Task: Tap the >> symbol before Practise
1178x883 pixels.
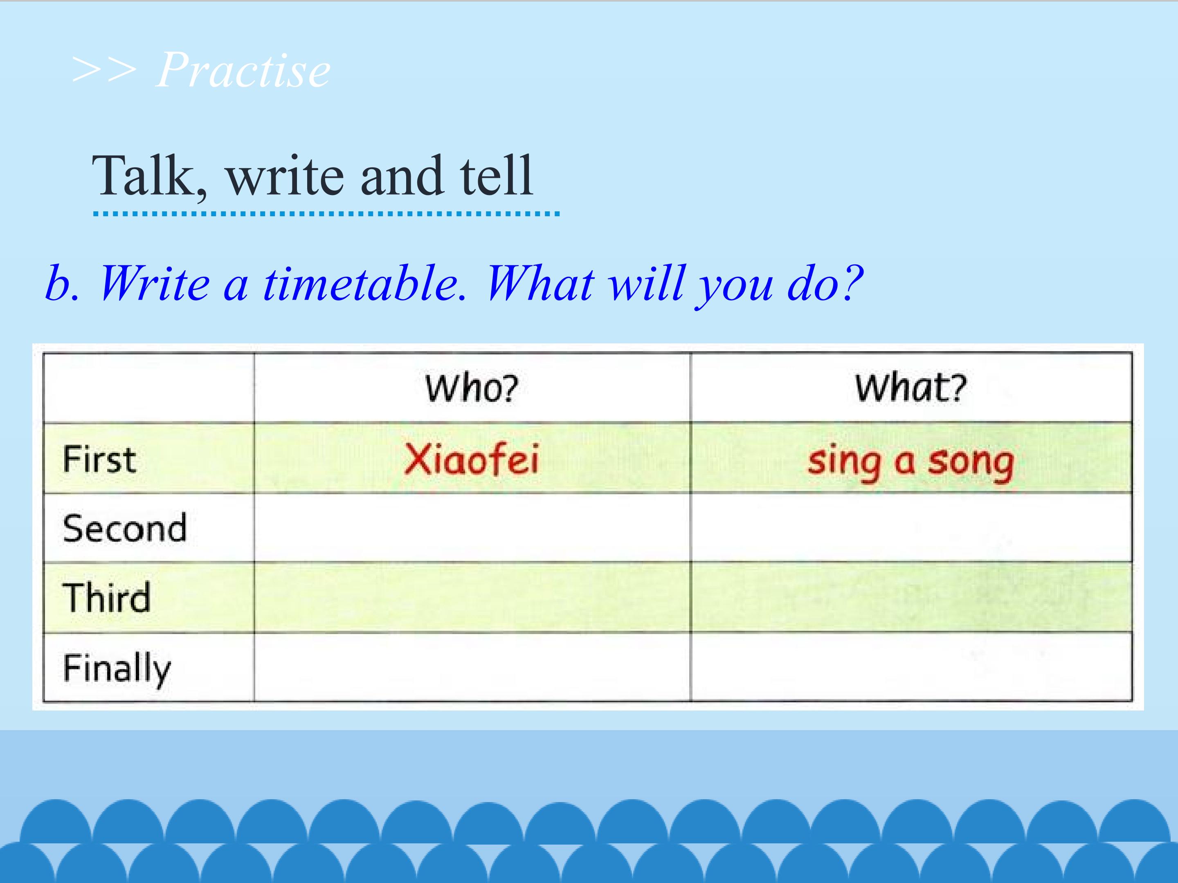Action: (x=104, y=71)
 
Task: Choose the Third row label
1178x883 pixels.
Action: (x=106, y=598)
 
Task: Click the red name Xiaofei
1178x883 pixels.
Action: (x=471, y=459)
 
